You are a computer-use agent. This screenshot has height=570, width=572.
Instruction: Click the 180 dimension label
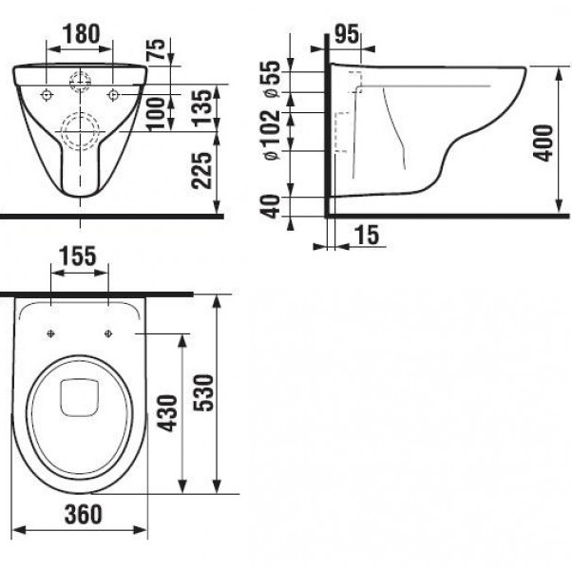(x=82, y=33)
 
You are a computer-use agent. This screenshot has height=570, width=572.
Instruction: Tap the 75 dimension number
(x=156, y=48)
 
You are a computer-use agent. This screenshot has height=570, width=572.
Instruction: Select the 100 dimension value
(x=156, y=113)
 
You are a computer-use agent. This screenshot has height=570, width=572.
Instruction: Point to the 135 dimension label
(x=202, y=107)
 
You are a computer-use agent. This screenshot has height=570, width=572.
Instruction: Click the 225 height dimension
(x=201, y=171)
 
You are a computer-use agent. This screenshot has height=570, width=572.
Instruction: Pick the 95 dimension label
(x=346, y=34)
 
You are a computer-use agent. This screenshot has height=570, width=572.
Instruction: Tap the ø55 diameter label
(x=272, y=79)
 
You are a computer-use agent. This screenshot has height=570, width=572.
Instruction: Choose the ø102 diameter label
(x=272, y=135)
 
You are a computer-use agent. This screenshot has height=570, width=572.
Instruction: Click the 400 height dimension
(x=543, y=142)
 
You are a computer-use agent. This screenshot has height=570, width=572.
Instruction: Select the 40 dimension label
(x=272, y=206)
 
